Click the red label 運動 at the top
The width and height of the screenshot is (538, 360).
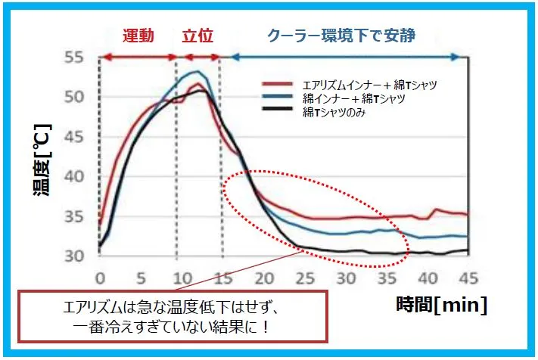pyautogui.click(x=138, y=36)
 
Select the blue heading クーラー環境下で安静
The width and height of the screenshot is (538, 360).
pyautogui.click(x=341, y=36)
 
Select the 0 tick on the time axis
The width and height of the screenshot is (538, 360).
pyautogui.click(x=100, y=277)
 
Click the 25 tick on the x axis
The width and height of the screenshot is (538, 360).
pyautogui.click(x=304, y=277)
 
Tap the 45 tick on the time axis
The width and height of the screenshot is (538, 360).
pyautogui.click(x=468, y=277)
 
